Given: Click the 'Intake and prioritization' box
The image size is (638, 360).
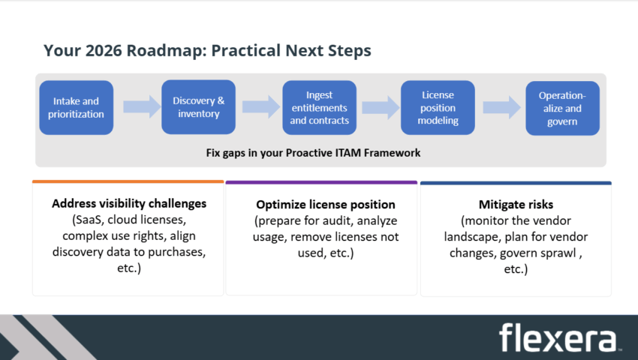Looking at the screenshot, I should point(76,107).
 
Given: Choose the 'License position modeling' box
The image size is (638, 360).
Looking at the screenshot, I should point(438,107).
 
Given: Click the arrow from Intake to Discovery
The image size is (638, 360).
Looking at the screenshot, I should point(142,106).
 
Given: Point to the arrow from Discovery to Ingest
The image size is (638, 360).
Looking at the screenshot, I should point(260,106).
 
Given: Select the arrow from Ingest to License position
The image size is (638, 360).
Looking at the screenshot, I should point(379,106).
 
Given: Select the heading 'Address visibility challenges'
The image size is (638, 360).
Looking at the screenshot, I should point(129,203).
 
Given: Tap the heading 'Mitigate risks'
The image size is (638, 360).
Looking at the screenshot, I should point(515,204).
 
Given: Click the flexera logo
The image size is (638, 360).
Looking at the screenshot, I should point(558,337).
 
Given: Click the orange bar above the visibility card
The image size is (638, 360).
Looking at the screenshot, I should point(128,181).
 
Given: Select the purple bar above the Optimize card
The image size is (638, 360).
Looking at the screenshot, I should point(321,182).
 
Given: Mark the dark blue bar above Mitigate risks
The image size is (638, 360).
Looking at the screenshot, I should point(516,182).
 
